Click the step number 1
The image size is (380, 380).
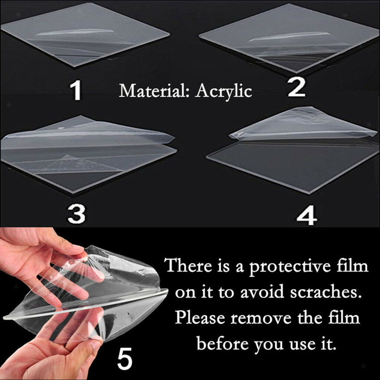point(76,91)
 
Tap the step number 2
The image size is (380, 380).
point(296,89)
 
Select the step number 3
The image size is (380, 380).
point(76,214)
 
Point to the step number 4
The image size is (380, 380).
point(306,216)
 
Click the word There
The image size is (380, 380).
point(187,266)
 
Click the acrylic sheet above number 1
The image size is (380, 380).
point(85,36)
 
